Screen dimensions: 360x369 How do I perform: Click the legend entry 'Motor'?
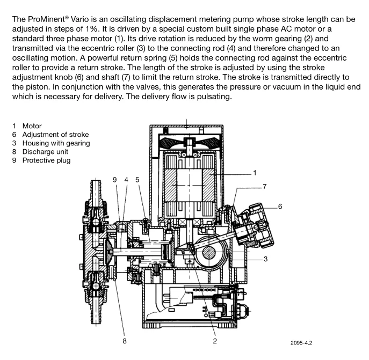coord(32,126)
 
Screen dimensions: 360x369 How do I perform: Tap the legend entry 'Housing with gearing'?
coord(56,143)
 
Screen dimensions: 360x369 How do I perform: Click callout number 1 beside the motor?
coord(255,173)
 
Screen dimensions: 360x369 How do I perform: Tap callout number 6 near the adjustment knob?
coord(279,206)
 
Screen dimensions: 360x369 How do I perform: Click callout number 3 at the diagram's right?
coord(265,259)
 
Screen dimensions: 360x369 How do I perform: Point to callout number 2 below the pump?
coord(215,340)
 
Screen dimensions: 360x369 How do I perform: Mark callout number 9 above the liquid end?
coord(114,180)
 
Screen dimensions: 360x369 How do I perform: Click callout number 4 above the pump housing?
coord(126,180)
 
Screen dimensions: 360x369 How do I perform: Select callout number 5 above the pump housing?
coord(138,180)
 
